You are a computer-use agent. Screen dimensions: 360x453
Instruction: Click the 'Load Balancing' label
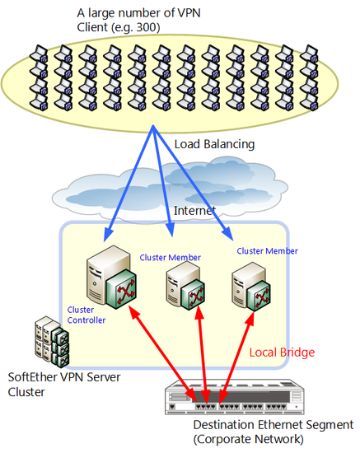pos(214,144)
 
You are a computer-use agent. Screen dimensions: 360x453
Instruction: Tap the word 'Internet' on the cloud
pos(194,211)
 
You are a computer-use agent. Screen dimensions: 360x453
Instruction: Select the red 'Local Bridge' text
pos(282,353)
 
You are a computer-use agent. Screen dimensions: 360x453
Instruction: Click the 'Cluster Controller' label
pos(86,315)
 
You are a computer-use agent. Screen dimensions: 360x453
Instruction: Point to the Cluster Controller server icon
pos(111,278)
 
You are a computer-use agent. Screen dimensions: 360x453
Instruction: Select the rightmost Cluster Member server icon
pos(251,287)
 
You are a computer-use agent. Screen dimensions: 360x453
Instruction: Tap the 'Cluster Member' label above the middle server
pos(171,258)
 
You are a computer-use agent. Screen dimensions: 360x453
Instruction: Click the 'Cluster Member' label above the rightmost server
pos(267,251)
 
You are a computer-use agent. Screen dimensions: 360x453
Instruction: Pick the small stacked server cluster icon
pos(52,342)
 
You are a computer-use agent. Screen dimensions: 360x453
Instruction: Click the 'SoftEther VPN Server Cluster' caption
pos(64,385)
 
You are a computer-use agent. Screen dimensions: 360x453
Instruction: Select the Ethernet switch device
pos(235,396)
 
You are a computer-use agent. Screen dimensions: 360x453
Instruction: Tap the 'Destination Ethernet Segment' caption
pos(274,425)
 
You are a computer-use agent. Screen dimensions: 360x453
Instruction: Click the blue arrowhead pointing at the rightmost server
pos(228,233)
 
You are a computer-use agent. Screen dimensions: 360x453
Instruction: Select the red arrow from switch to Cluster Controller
pos(162,353)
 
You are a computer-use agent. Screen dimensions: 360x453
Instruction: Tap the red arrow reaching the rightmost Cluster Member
pos(236,357)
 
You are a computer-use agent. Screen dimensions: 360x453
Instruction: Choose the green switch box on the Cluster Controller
pos(121,289)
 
